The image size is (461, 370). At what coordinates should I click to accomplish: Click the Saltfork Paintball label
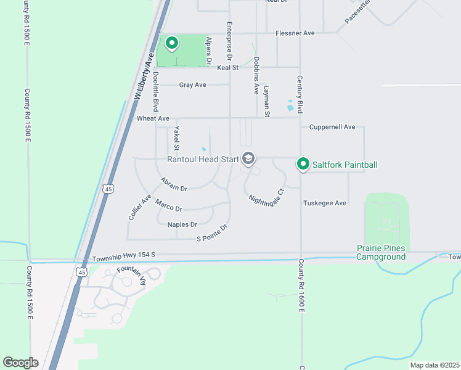pyautogui.click(x=345, y=165)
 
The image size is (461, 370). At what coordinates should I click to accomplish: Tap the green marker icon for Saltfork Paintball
pyautogui.click(x=303, y=164)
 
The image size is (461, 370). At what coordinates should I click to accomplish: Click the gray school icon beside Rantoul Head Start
pyautogui.click(x=248, y=159)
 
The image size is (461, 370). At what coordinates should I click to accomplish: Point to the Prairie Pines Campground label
pyautogui.click(x=381, y=252)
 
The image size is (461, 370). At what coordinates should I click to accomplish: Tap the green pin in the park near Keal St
pyautogui.click(x=172, y=44)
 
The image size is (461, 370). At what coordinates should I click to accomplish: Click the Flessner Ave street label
pyautogui.click(x=295, y=33)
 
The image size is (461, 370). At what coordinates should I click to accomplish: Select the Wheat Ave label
pyautogui.click(x=153, y=118)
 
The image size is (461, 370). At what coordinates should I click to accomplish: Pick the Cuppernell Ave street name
pyautogui.click(x=332, y=127)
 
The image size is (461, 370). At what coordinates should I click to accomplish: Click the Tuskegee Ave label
pyautogui.click(x=325, y=203)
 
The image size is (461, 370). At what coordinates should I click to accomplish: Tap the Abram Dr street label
pyautogui.click(x=174, y=184)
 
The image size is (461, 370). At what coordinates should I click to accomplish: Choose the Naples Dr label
pyautogui.click(x=182, y=224)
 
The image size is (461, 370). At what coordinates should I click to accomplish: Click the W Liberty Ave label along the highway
pyautogui.click(x=143, y=75)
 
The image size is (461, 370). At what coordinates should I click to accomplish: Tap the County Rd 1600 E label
pyautogui.click(x=301, y=284)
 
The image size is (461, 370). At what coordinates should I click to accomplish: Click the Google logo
pyautogui.click(x=20, y=362)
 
